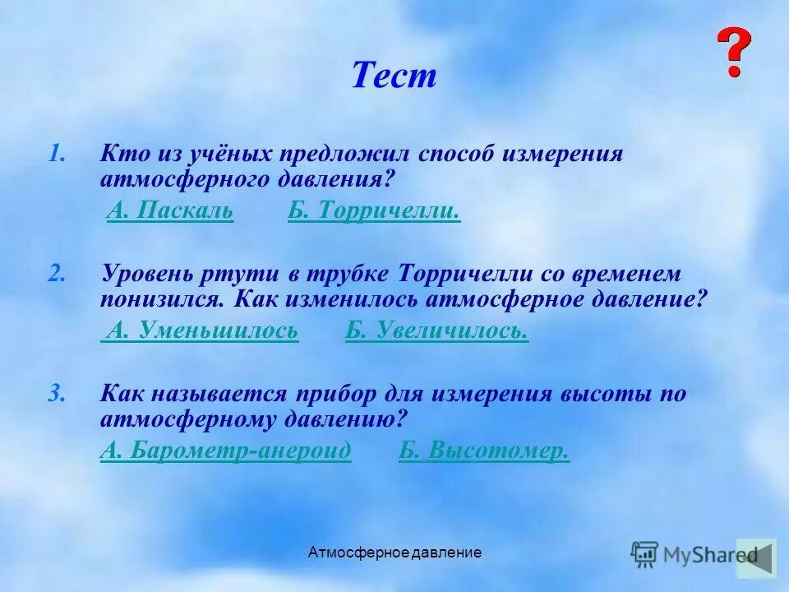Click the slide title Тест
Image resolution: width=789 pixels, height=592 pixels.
(394, 76)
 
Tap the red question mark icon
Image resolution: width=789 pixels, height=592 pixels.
(733, 53)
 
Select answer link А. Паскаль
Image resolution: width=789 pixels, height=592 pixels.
(170, 211)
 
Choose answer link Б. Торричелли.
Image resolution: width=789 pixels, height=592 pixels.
(373, 211)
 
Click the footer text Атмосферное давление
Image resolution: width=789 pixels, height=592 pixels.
(394, 553)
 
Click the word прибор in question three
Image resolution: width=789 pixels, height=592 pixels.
(336, 393)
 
